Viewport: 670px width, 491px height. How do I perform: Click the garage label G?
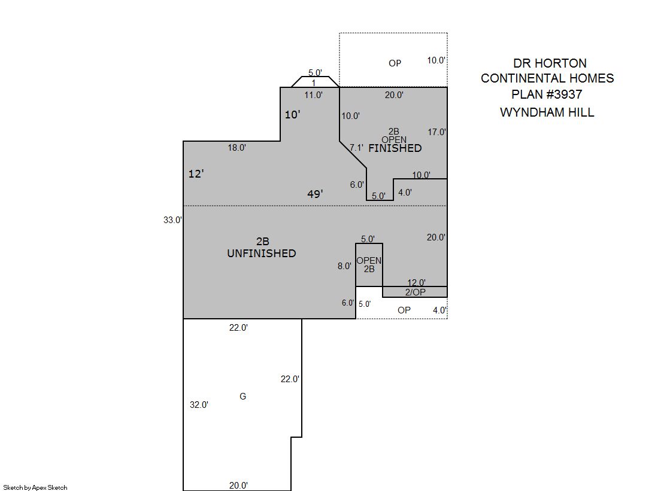[x=242, y=397]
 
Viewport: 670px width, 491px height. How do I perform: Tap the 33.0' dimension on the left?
[x=172, y=220]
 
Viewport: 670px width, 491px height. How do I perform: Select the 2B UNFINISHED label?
[x=262, y=247]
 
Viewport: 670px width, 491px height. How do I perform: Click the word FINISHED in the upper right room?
[x=395, y=148]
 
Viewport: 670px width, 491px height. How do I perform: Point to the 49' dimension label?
[x=315, y=194]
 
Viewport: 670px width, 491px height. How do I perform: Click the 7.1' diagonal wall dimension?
[x=356, y=148]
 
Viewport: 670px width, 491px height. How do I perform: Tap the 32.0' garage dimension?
[x=199, y=405]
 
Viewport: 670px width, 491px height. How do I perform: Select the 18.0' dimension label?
[x=237, y=148]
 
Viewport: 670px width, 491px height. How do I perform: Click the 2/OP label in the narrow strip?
[x=416, y=292]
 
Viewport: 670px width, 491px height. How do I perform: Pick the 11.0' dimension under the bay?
[x=313, y=94]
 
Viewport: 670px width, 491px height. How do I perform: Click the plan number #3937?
[x=564, y=94]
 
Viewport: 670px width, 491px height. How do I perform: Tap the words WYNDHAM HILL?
[x=547, y=112]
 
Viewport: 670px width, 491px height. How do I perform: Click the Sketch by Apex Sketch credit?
[x=35, y=487]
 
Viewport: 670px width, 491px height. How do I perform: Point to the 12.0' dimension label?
[x=416, y=283]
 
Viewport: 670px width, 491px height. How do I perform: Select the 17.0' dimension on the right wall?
[x=436, y=132]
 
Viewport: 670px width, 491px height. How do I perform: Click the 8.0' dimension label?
[x=344, y=266]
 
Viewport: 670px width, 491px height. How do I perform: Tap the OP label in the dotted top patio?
[x=395, y=63]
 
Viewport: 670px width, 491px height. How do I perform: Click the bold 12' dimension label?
[x=196, y=173]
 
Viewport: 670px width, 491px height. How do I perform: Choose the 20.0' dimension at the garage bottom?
[x=238, y=486]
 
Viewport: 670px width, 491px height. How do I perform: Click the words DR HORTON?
[x=550, y=63]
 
